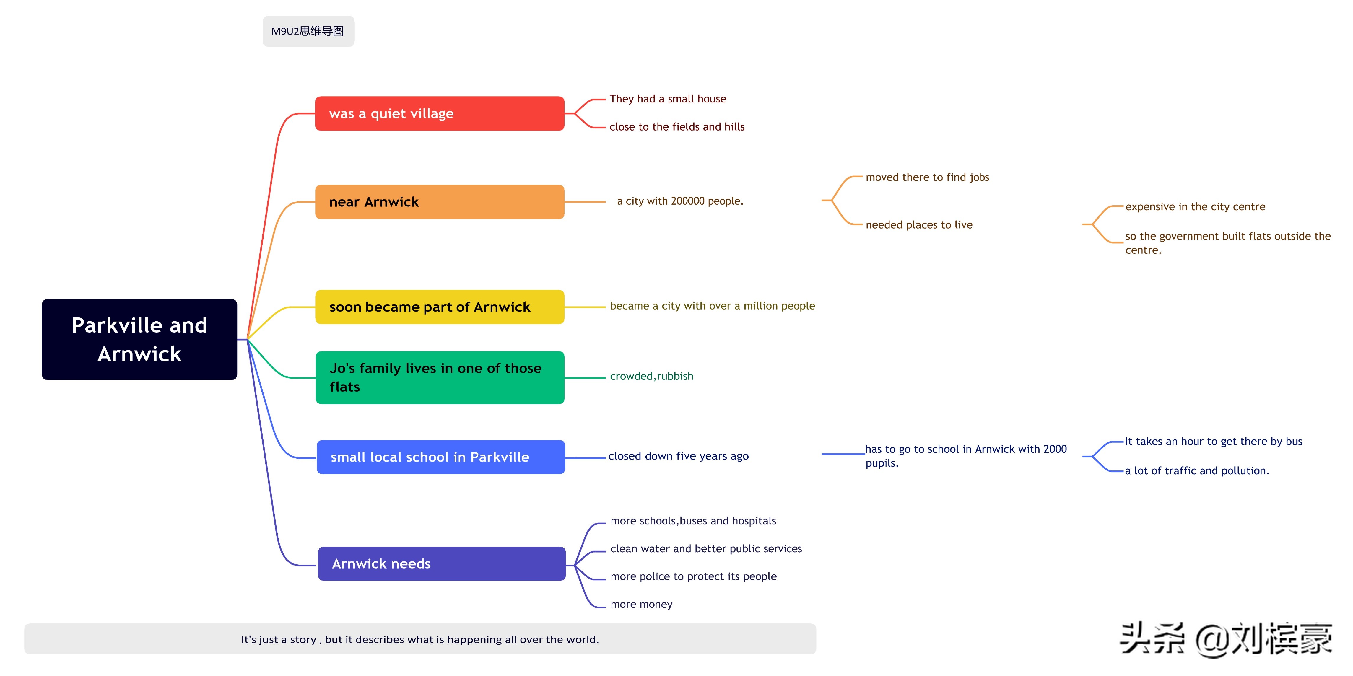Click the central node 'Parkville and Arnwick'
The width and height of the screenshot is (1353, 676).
coord(139,339)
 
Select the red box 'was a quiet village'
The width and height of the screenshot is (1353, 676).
coord(440,113)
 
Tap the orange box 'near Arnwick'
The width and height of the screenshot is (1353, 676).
coord(440,202)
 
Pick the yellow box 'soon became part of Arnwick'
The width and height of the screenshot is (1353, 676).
coord(440,307)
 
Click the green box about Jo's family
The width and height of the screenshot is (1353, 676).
coord(440,377)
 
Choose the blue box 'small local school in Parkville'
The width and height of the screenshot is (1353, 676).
coord(441,457)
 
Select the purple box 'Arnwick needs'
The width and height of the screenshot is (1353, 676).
coord(442,563)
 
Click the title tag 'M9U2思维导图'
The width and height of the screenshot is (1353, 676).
coord(308,31)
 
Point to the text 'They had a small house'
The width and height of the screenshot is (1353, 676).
coord(668,99)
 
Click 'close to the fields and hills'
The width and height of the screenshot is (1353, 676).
coord(677,127)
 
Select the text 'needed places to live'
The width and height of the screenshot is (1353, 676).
coord(919,225)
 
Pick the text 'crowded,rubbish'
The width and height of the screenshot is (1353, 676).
coord(651,376)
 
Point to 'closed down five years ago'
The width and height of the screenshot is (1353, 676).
coord(678,456)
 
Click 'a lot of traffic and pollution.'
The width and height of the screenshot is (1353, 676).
coord(1196,471)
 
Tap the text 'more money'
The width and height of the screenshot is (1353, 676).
coord(641,605)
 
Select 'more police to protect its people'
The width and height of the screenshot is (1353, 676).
coord(693,577)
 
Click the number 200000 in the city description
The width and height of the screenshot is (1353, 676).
coord(687,201)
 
